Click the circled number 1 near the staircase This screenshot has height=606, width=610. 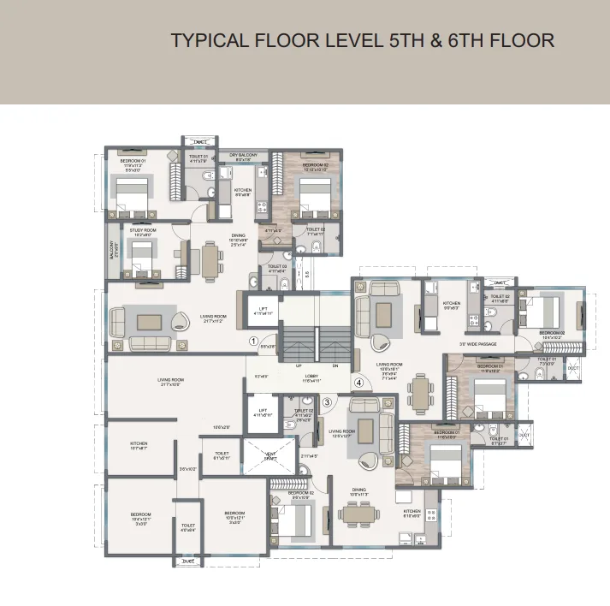(253, 341)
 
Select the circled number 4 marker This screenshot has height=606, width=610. (359, 383)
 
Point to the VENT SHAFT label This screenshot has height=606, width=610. (269, 454)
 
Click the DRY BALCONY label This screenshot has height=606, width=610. (243, 154)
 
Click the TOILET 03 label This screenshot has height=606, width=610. (276, 266)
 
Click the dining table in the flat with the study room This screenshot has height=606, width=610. (209, 257)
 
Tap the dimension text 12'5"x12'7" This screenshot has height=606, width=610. (341, 437)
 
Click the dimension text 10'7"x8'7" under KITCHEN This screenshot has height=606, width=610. (139, 449)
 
